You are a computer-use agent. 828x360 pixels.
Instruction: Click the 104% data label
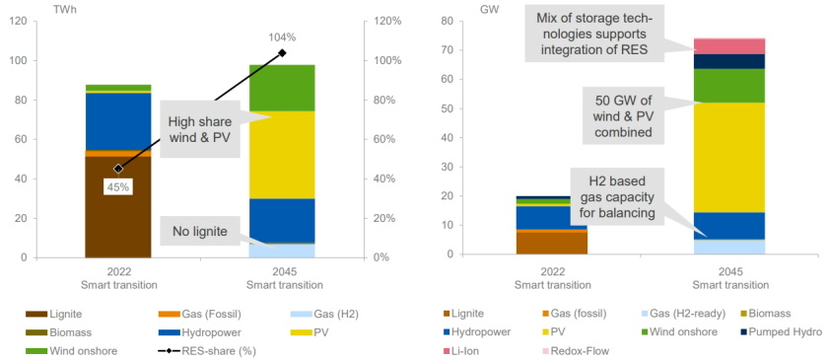(281, 36)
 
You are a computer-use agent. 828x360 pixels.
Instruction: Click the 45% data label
(118, 185)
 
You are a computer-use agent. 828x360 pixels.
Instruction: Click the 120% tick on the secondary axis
(386, 21)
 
